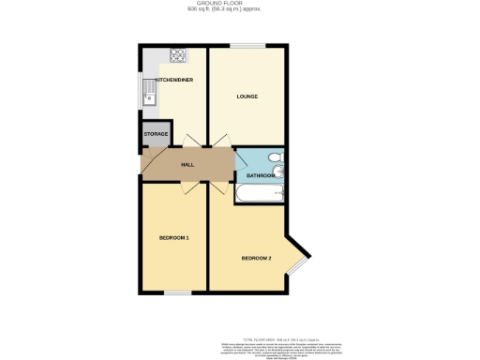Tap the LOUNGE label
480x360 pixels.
tap(247, 97)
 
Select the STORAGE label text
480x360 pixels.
tap(156, 134)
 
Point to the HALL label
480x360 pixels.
tap(187, 164)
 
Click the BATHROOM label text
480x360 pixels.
tap(260, 175)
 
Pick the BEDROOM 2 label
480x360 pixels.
tap(256, 258)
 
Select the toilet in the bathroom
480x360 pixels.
tap(275, 157)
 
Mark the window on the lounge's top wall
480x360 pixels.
tap(247, 45)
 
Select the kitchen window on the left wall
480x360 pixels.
tap(140, 95)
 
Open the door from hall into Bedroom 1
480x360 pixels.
tap(189, 188)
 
